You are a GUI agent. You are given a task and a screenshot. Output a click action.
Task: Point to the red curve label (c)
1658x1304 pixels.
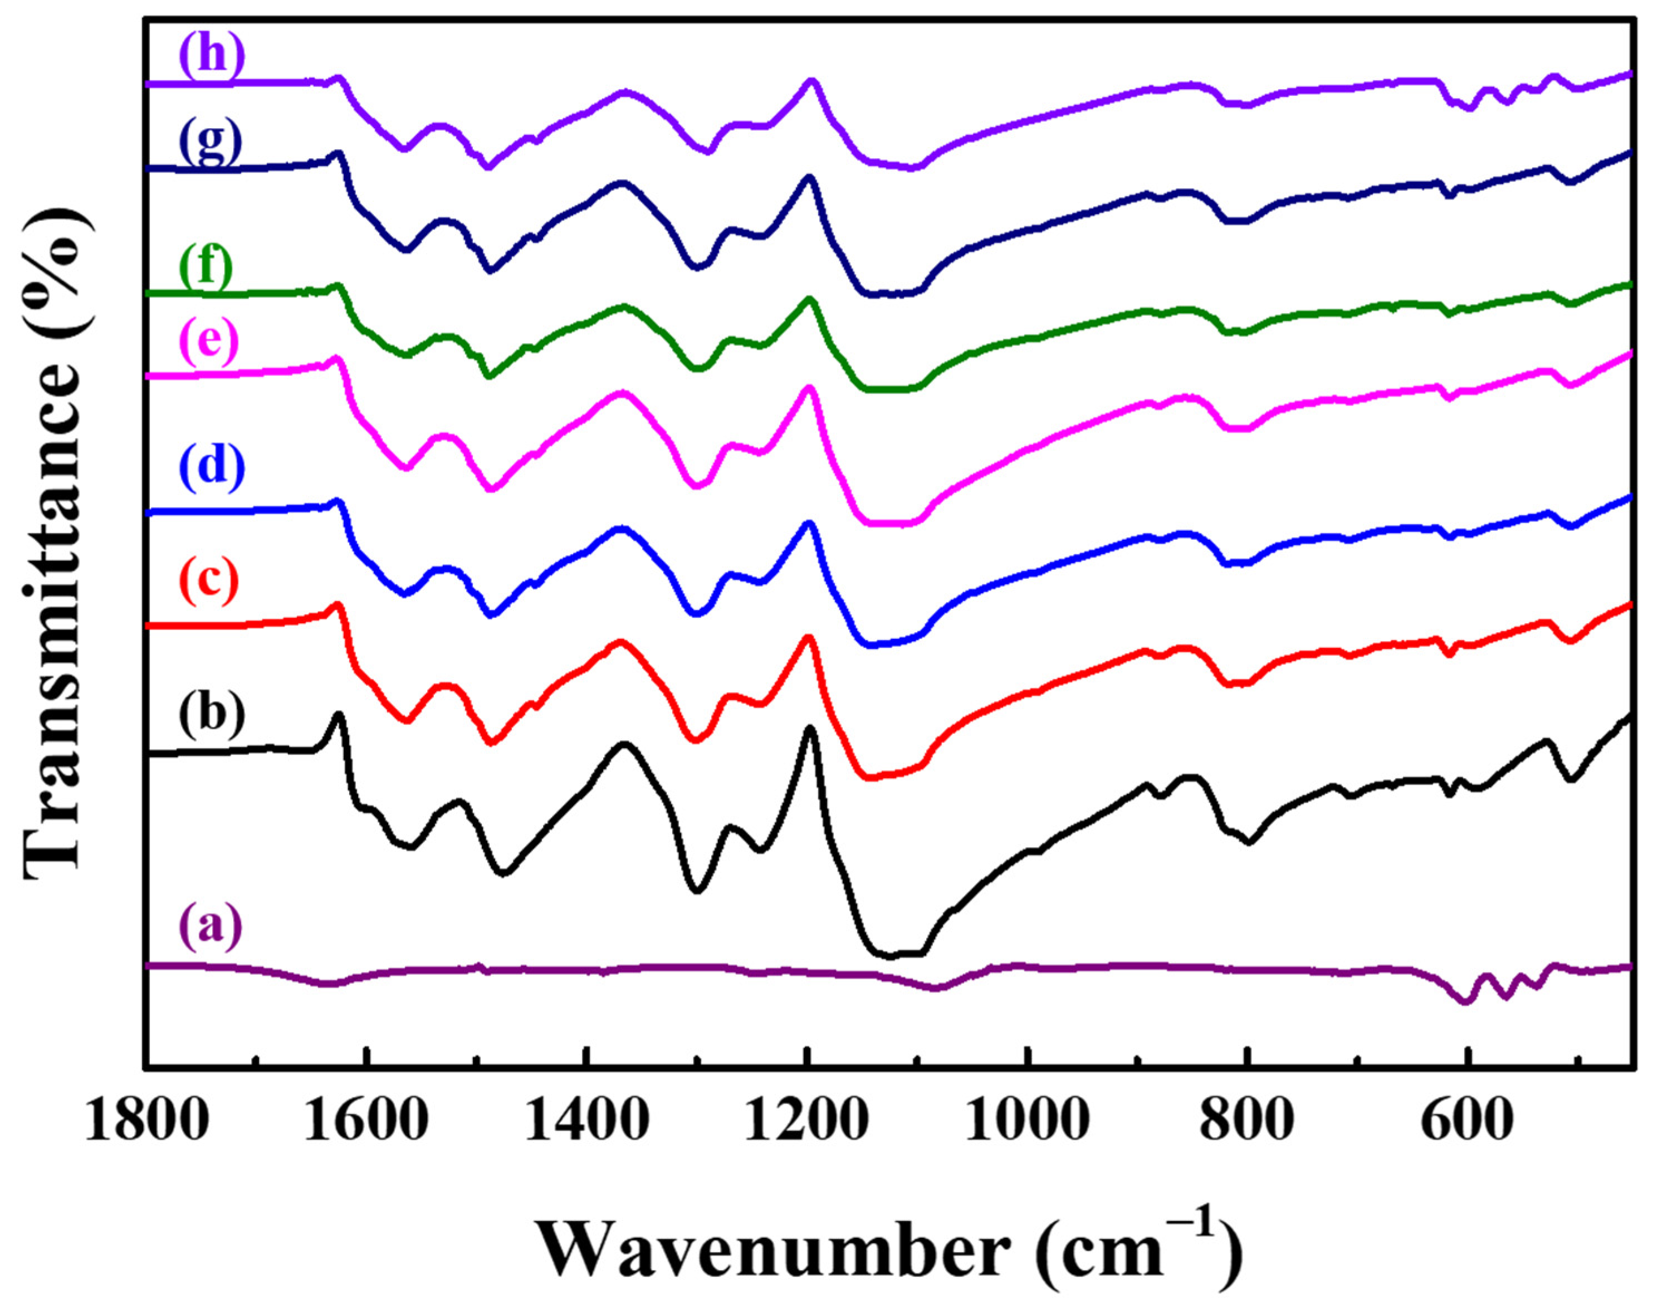pos(210,580)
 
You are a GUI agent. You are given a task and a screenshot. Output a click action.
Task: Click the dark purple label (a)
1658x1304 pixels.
pos(210,929)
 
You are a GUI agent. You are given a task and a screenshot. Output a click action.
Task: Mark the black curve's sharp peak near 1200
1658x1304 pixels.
pos(809,729)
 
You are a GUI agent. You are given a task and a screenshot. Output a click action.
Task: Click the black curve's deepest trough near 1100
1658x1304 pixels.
pos(889,954)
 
